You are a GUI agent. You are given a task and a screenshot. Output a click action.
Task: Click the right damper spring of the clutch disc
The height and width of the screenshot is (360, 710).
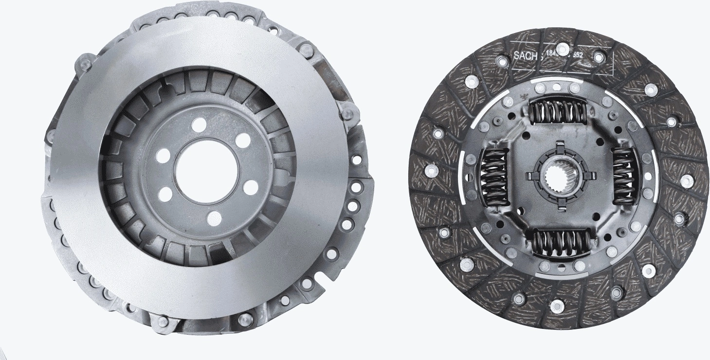click(x=623, y=176)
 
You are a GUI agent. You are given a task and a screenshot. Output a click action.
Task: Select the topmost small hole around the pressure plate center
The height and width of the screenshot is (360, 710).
click(x=198, y=125)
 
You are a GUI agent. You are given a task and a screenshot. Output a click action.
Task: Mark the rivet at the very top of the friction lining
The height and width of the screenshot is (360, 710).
click(x=563, y=48)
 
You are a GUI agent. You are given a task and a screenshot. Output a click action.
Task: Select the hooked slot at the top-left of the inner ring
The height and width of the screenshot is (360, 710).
click(x=165, y=90)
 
